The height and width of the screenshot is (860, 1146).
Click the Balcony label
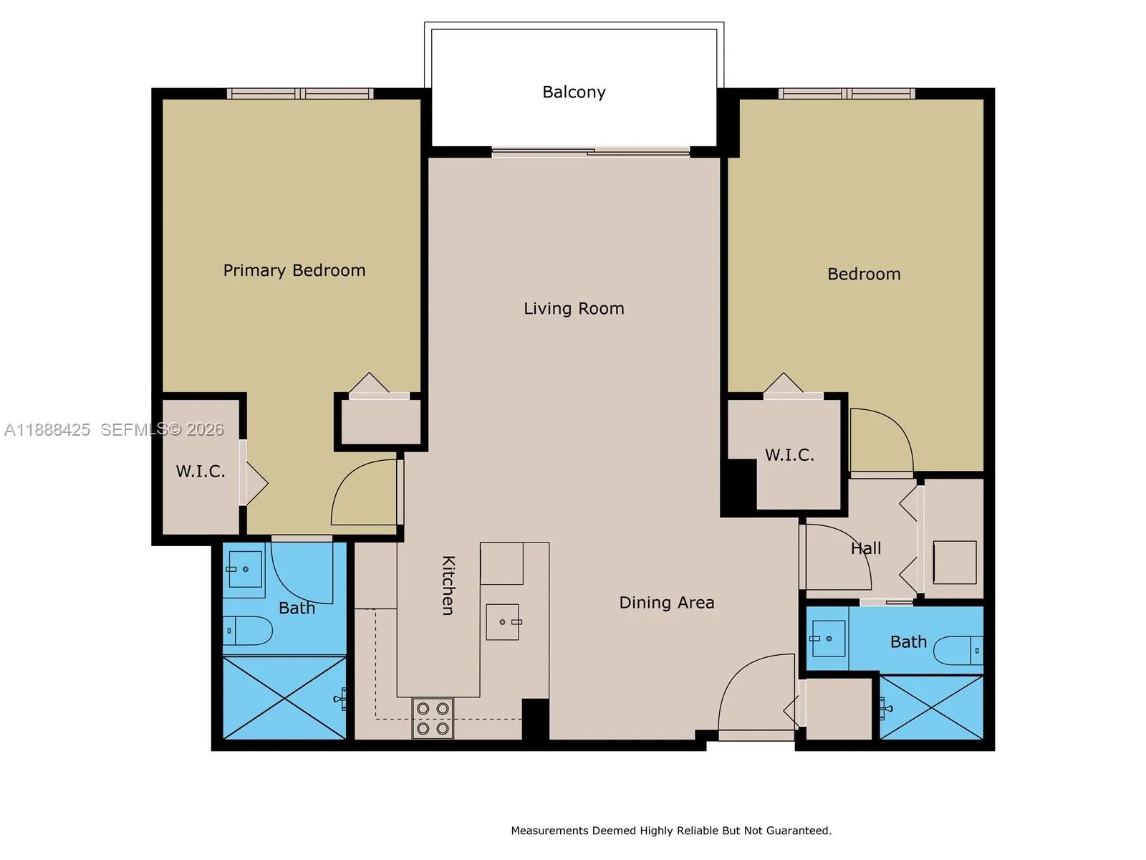click(574, 92)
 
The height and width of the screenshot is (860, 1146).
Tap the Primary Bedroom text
click(294, 270)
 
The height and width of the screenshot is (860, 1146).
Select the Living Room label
click(574, 308)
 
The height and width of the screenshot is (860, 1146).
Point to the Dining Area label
click(666, 603)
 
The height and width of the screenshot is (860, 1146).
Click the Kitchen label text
click(448, 585)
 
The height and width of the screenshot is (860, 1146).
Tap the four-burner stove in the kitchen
click(433, 718)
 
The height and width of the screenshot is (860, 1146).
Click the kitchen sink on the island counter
click(503, 621)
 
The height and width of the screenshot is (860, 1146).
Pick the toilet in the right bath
click(958, 650)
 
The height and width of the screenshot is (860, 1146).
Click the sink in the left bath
click(244, 570)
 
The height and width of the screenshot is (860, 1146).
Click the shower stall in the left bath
click(284, 697)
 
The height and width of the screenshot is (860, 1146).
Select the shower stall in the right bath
click(931, 707)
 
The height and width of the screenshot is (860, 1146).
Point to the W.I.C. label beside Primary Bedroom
click(201, 471)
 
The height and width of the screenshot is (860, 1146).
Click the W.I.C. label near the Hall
click(789, 455)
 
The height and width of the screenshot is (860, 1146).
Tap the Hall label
click(866, 548)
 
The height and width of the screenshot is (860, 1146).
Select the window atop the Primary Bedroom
click(300, 93)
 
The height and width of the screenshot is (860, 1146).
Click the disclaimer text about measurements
click(671, 831)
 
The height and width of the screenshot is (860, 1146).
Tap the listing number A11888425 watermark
click(47, 429)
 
